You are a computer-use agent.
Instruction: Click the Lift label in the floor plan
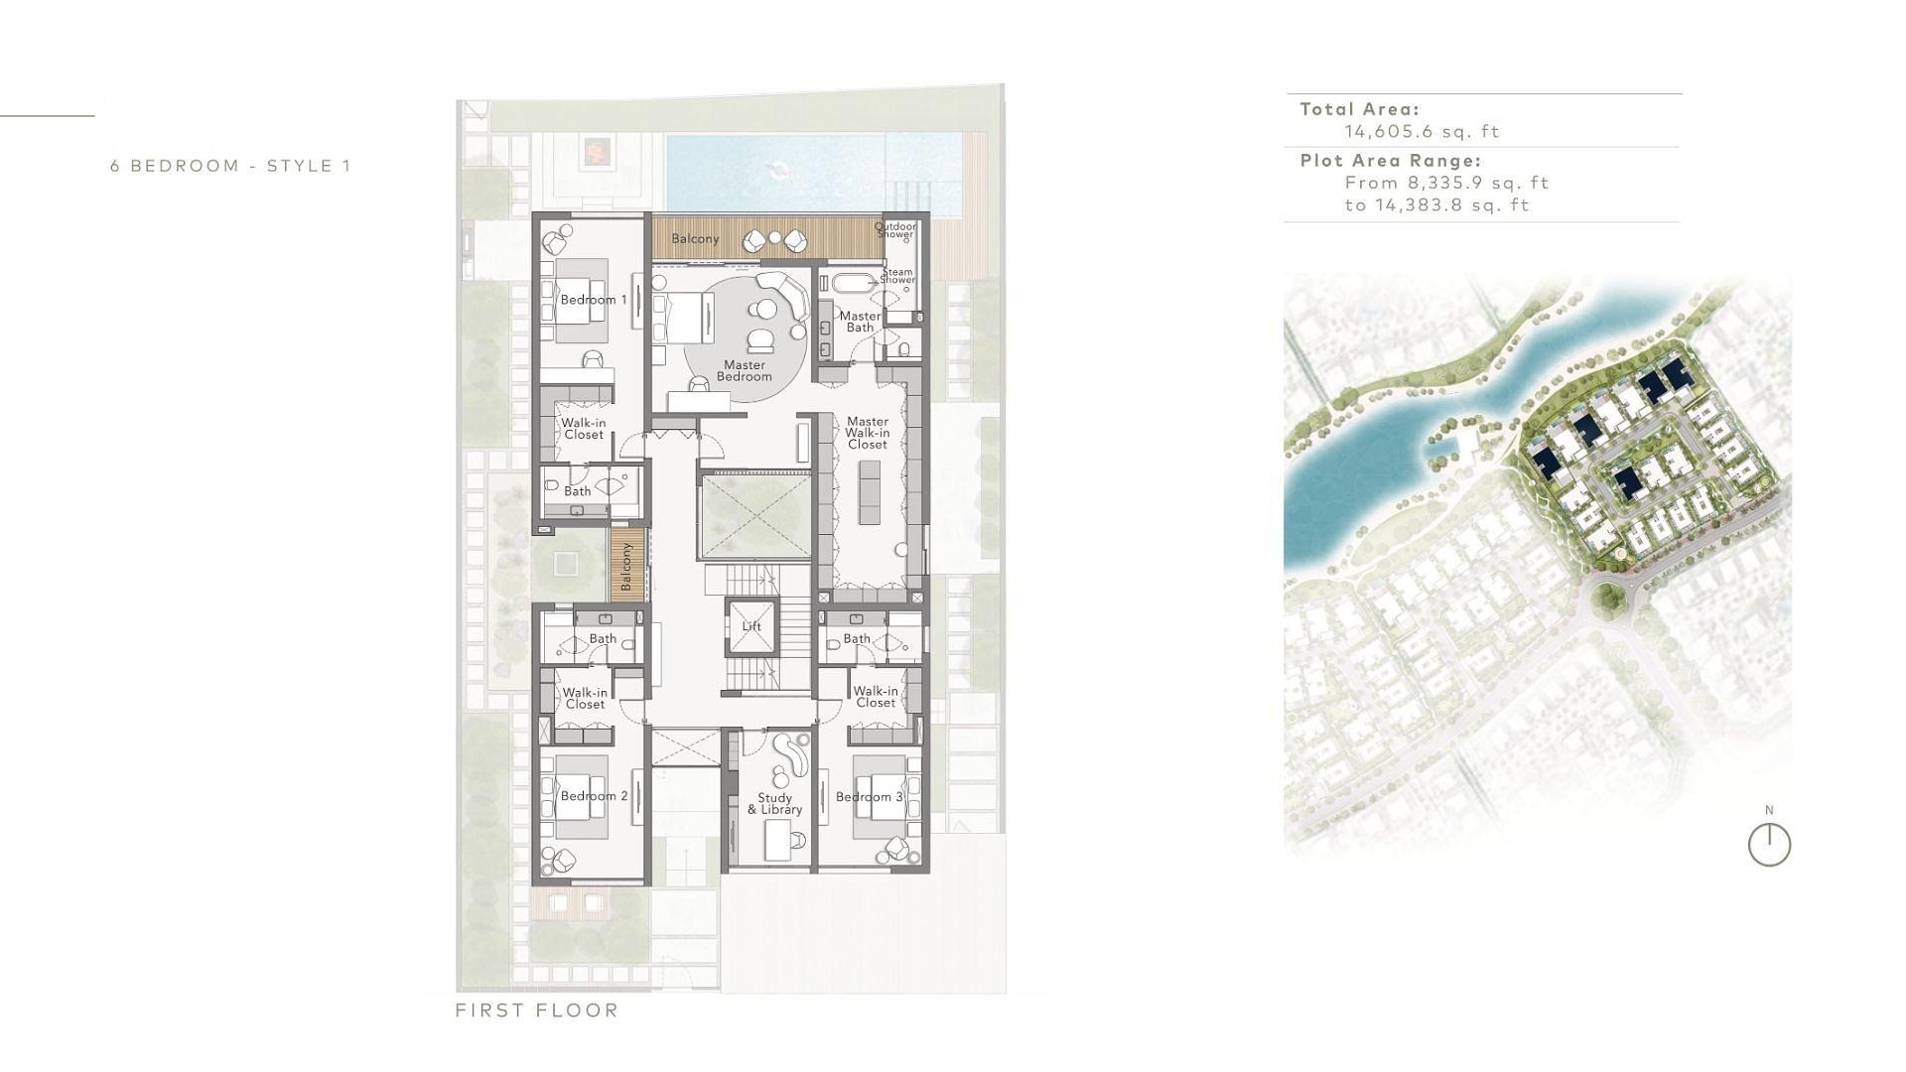751,626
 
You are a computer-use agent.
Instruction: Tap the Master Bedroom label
744,370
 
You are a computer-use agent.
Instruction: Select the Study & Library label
774,803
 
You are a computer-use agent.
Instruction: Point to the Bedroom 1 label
594,300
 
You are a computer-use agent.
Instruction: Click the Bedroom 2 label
594,796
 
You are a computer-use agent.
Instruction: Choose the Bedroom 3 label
869,797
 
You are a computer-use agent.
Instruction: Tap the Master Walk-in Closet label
868,433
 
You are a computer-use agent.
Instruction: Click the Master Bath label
860,322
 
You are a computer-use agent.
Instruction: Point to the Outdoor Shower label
895,230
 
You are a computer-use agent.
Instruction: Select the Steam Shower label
897,276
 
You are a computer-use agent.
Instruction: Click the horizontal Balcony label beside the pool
695,239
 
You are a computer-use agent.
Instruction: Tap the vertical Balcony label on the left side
626,567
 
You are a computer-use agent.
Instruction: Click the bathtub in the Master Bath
857,283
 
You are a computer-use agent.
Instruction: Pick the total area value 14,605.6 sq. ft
1422,131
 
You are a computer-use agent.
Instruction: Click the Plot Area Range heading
1391,160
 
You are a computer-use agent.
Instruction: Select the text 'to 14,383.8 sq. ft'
1436,205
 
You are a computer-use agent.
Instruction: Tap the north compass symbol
1769,845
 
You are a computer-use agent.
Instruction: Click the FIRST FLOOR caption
537,1010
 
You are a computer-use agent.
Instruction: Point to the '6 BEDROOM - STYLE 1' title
230,166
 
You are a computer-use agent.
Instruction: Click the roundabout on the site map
1607,598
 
